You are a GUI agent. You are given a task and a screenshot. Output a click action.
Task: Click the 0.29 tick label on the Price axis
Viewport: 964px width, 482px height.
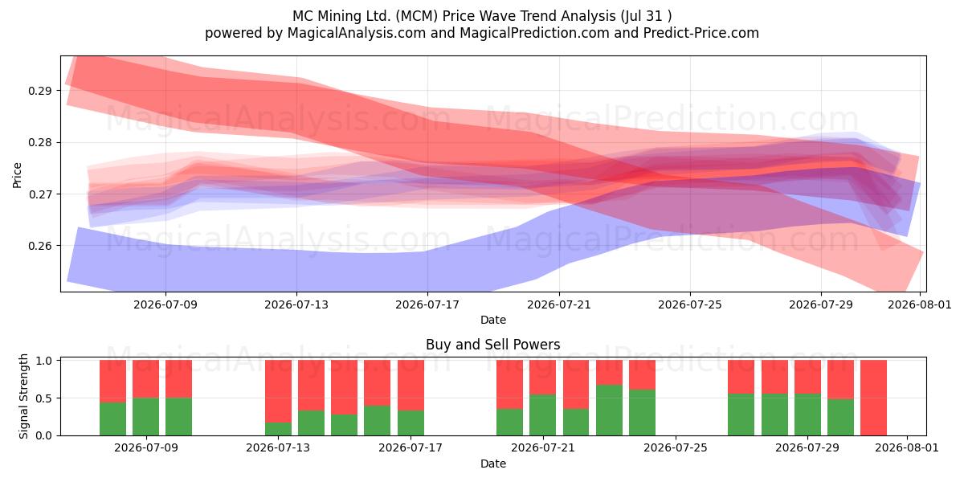(39, 91)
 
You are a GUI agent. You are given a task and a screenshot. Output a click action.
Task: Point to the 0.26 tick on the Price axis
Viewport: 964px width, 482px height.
(39, 246)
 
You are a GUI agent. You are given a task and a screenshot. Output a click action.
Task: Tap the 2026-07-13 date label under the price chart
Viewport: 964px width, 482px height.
(296, 304)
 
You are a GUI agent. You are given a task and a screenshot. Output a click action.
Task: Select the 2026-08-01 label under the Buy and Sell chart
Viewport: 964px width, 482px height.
(907, 447)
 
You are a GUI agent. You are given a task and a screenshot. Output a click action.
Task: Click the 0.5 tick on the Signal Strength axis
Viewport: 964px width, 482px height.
(43, 398)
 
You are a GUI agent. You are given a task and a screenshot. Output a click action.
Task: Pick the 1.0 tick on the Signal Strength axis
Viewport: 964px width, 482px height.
(43, 361)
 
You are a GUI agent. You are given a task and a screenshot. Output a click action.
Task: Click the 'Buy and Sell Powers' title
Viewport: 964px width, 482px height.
(492, 345)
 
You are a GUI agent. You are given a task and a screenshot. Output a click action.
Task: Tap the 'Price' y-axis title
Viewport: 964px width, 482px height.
(17, 175)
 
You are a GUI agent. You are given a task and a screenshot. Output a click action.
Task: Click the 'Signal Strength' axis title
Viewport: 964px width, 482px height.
(23, 396)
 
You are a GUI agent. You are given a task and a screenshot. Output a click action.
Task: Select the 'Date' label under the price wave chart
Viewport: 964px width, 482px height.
(493, 320)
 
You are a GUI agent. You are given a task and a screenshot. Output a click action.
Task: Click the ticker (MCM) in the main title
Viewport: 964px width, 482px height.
(417, 16)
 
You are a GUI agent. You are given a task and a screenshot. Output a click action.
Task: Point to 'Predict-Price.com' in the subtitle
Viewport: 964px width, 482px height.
(701, 33)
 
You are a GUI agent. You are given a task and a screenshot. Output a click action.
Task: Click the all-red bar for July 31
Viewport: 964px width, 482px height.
(874, 398)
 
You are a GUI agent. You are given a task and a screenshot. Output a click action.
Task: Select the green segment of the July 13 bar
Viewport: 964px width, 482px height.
(278, 429)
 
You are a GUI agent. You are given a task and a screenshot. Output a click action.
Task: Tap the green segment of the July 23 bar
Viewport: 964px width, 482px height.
(609, 411)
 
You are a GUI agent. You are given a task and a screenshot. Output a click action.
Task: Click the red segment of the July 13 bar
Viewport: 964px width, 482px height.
(278, 391)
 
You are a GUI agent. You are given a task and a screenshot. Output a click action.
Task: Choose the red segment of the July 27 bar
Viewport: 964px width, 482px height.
(741, 377)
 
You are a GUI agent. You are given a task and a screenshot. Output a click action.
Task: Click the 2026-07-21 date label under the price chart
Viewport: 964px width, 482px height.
(559, 304)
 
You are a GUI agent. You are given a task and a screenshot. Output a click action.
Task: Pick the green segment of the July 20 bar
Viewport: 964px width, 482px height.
(509, 423)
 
